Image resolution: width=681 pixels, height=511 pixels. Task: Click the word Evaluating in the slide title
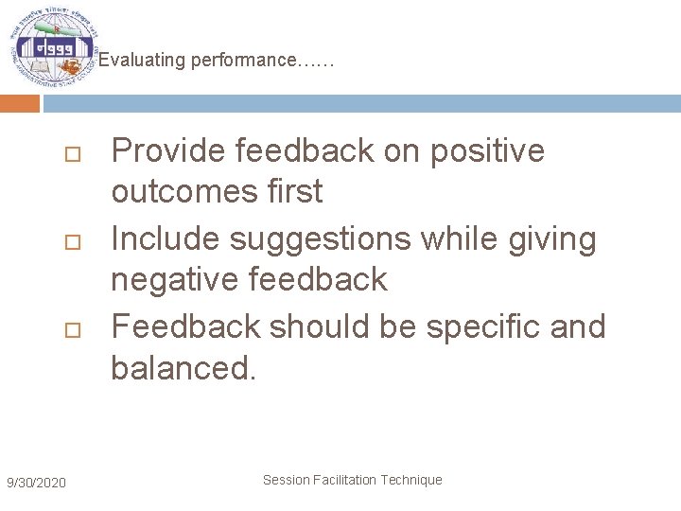tap(142, 61)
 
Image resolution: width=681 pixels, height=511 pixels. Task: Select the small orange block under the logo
tap(20, 103)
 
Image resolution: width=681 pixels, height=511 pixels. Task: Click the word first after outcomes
tap(293, 191)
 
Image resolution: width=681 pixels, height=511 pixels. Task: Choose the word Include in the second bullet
tap(166, 238)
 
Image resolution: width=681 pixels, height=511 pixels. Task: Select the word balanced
tap(183, 367)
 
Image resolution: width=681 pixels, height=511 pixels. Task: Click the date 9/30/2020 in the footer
tap(36, 484)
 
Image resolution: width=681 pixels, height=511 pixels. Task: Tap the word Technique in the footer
tap(411, 480)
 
